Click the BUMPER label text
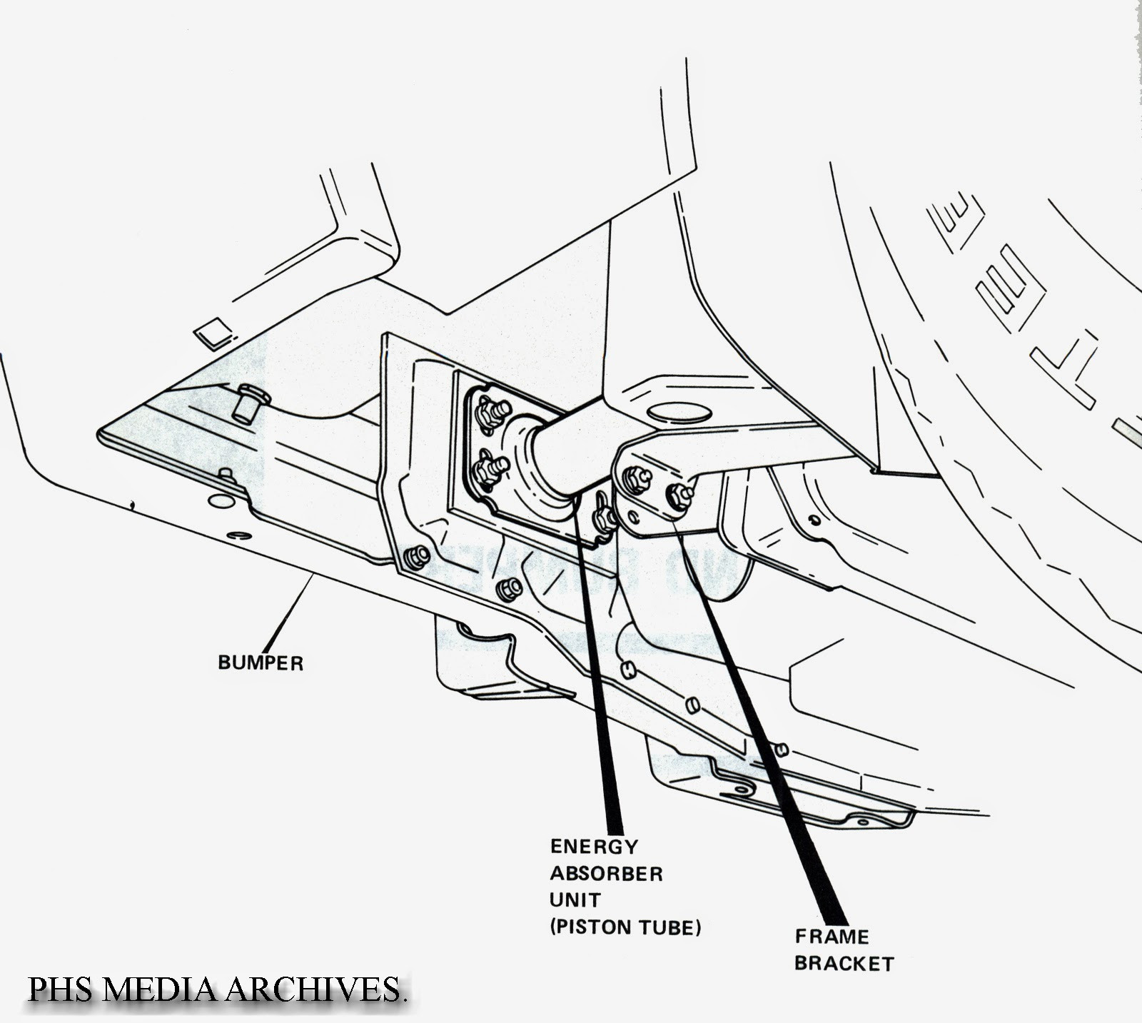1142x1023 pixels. click(261, 663)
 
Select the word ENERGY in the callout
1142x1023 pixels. click(594, 847)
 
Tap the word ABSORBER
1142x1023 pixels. click(606, 873)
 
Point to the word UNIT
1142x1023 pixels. click(575, 900)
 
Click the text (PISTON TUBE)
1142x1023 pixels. click(625, 927)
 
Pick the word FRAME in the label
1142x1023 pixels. click(832, 937)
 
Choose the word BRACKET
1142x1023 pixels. click(844, 964)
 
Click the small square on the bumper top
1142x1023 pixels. click(212, 331)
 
